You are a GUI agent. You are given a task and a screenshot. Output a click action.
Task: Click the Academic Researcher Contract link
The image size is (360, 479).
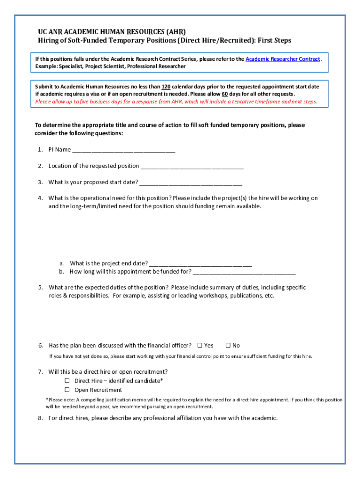(x=283, y=59)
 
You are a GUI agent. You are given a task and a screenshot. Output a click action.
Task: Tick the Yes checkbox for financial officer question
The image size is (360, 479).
(x=200, y=345)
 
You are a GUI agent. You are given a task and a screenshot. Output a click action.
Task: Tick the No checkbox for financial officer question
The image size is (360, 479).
(x=228, y=345)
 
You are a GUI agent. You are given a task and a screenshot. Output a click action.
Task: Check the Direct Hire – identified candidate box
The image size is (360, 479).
(x=67, y=381)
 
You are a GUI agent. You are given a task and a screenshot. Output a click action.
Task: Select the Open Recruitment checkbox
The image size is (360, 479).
(x=67, y=390)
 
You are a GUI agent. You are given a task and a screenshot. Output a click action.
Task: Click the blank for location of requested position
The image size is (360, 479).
(x=192, y=166)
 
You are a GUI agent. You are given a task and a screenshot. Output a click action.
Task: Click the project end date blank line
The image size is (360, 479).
(x=201, y=263)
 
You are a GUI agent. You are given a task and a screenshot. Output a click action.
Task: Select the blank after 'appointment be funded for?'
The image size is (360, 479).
(x=244, y=272)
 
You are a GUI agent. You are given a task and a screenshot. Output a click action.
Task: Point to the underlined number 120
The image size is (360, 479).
(x=166, y=87)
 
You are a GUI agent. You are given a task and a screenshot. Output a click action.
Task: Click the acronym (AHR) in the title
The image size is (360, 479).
(x=176, y=32)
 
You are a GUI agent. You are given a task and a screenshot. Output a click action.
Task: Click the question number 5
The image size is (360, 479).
(x=41, y=287)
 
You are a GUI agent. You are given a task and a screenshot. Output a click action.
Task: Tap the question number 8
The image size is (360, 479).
(x=41, y=418)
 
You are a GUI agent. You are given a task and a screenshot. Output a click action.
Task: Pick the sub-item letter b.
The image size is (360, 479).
(x=61, y=272)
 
